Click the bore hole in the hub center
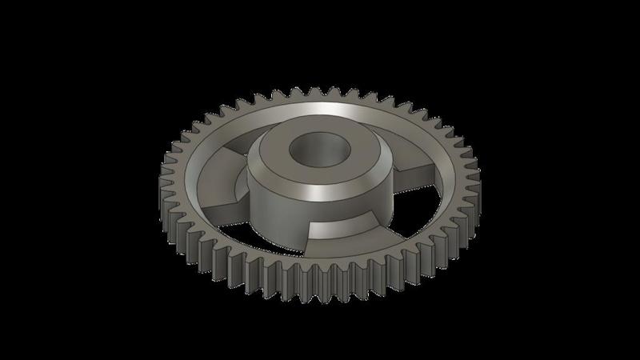(314, 149)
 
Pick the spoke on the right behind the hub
(416, 181)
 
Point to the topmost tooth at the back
(320, 93)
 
